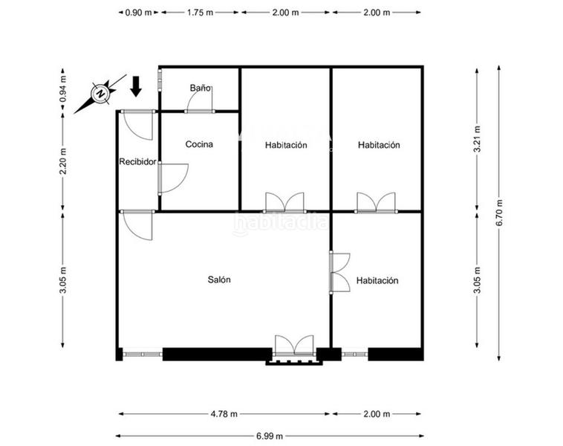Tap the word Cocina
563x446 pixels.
coord(199,145)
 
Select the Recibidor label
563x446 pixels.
coord(137,161)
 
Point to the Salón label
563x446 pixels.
coord(219,280)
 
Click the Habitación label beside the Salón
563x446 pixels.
coord(377,281)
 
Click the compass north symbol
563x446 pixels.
coord(100,93)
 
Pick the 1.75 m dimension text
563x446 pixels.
coord(201,13)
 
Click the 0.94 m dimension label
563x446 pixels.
coord(63,90)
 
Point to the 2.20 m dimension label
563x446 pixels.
coord(63,161)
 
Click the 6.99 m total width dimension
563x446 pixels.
coord(268,436)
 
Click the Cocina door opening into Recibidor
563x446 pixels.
coord(172,178)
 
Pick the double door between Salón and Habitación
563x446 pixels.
coord(339,272)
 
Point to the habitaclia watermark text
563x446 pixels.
coord(280,222)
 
